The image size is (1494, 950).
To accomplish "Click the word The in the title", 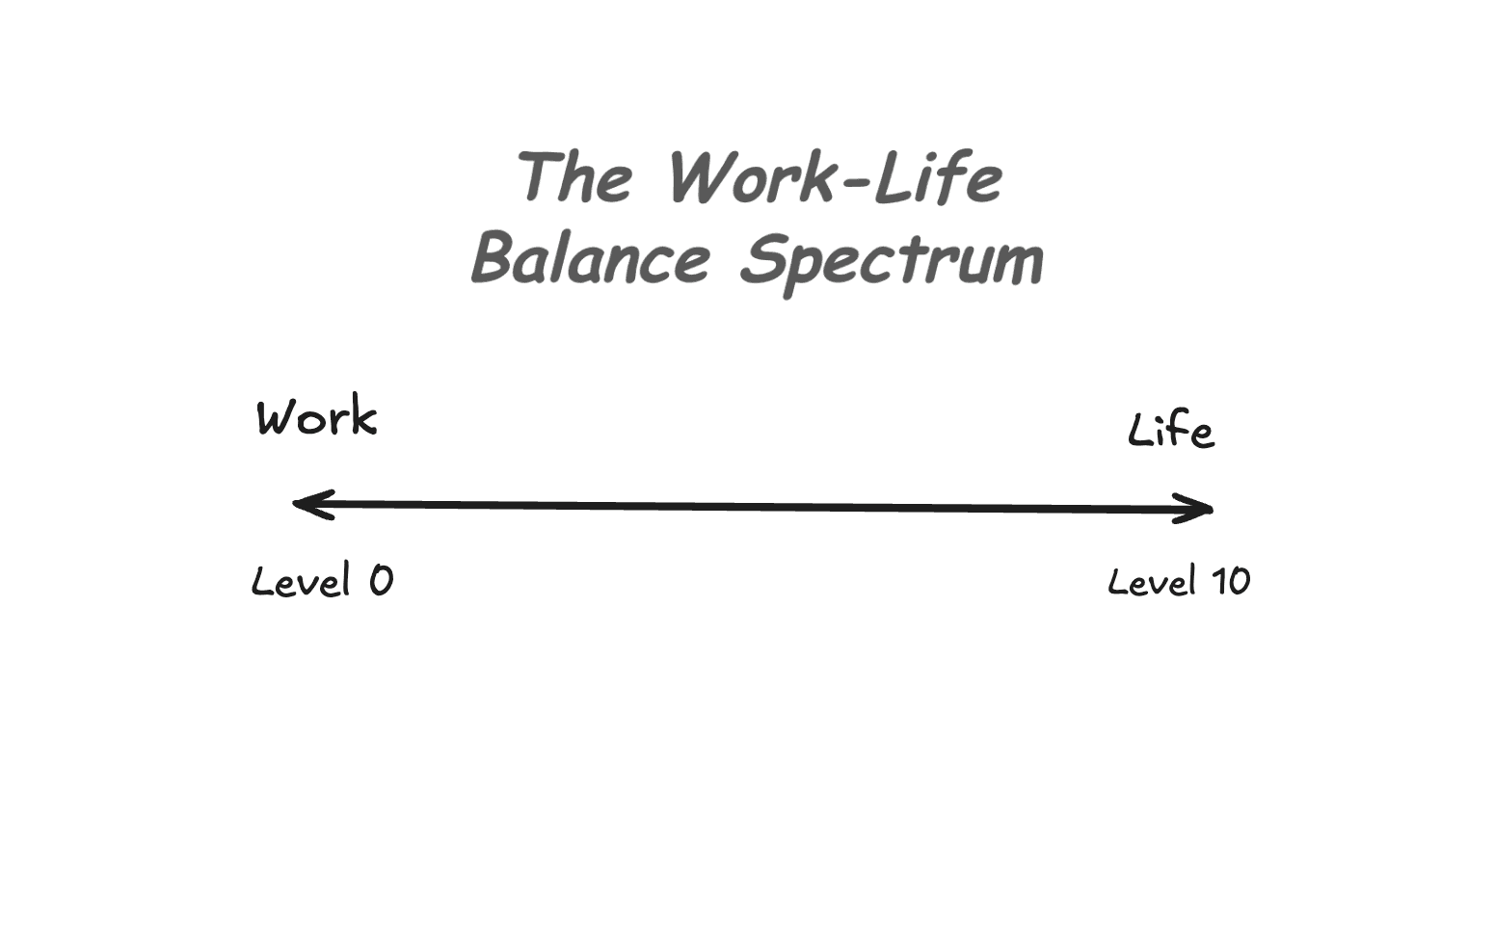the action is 576,177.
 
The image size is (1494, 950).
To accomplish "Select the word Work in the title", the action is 750,177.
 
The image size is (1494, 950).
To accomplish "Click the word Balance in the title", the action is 590,258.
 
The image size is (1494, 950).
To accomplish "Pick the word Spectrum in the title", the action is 892,260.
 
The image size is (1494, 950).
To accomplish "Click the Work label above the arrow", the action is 316,418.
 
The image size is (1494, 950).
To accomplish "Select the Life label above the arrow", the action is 1170,431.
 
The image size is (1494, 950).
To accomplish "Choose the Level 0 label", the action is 322,581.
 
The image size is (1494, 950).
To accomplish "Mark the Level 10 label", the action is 1178,582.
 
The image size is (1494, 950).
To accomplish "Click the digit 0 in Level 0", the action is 381,580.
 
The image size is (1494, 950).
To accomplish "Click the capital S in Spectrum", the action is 764,258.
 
